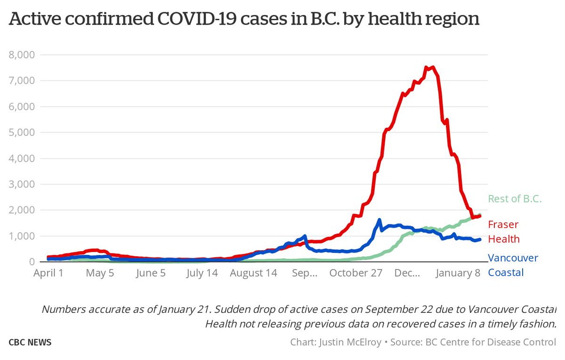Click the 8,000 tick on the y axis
click(x=22, y=55)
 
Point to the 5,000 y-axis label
click(x=22, y=133)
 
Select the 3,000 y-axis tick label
click(x=22, y=185)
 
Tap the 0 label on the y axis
click(x=31, y=262)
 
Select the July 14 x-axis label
click(x=201, y=273)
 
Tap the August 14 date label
click(x=254, y=273)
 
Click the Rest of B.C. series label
click(x=515, y=199)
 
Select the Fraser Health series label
click(x=504, y=232)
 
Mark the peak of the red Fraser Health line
click(x=432, y=67)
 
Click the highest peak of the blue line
click(x=379, y=220)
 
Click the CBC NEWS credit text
click(x=30, y=343)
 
